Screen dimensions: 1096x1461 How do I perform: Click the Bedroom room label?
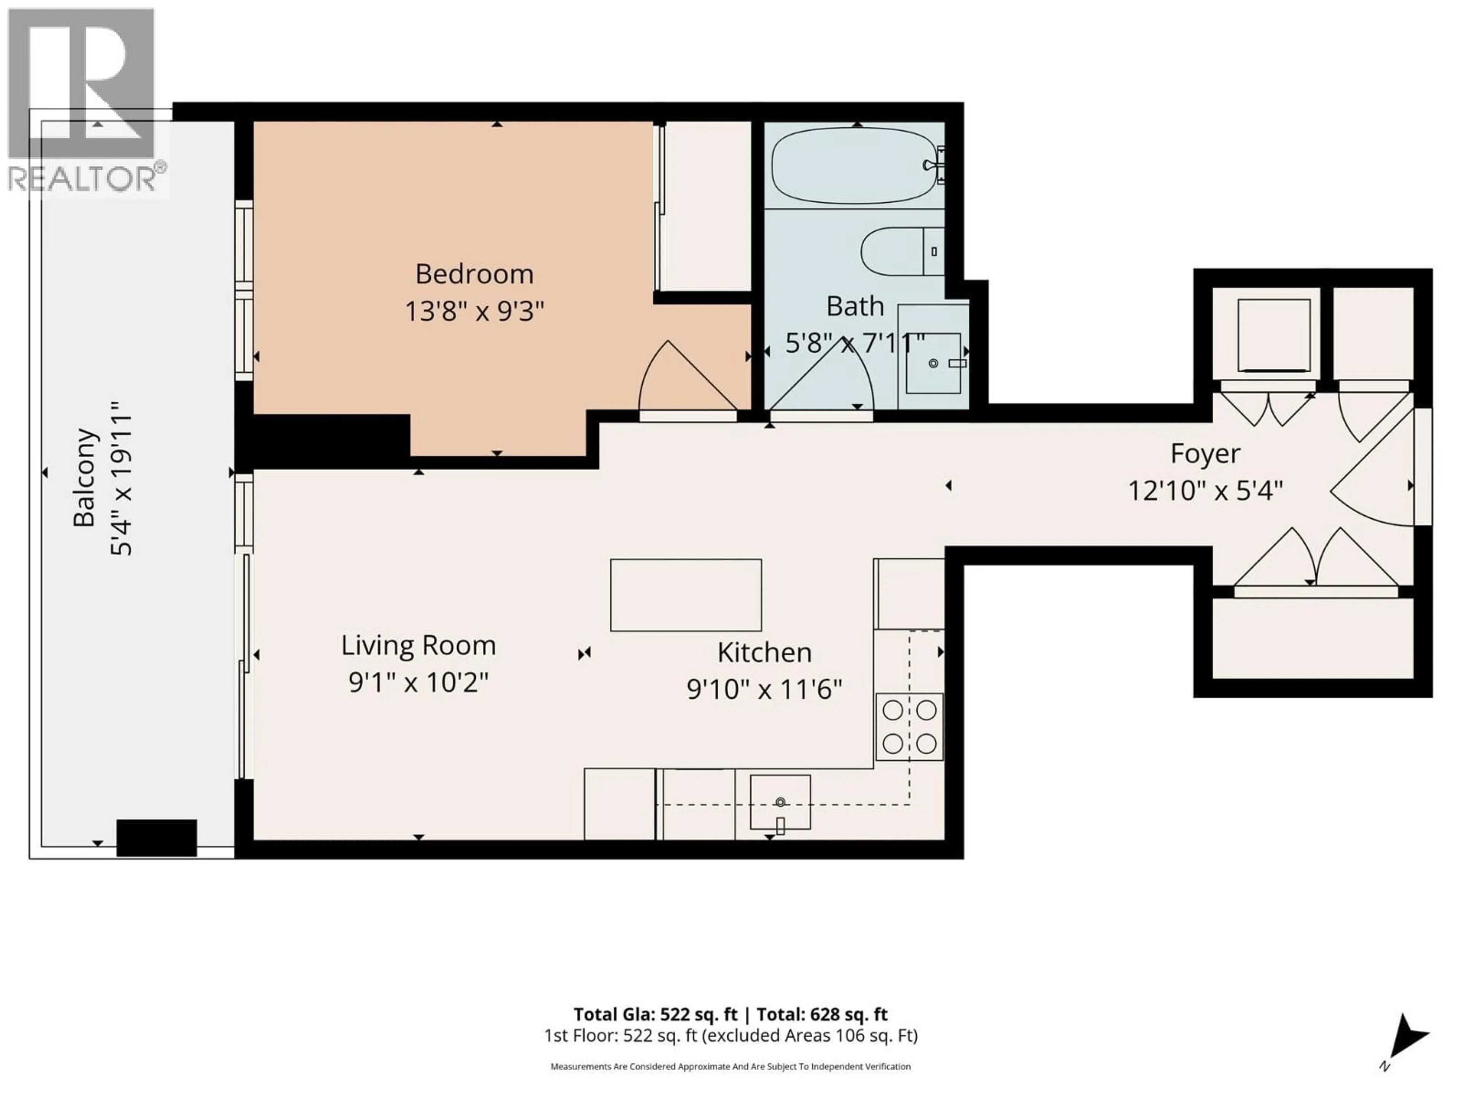coord(474,274)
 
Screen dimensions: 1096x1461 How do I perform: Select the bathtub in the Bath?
coord(854,166)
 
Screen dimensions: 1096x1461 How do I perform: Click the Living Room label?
coord(418,645)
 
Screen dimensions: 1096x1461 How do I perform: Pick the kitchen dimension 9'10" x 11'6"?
coord(764,690)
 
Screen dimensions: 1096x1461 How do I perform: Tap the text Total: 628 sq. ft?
coord(822,1014)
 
